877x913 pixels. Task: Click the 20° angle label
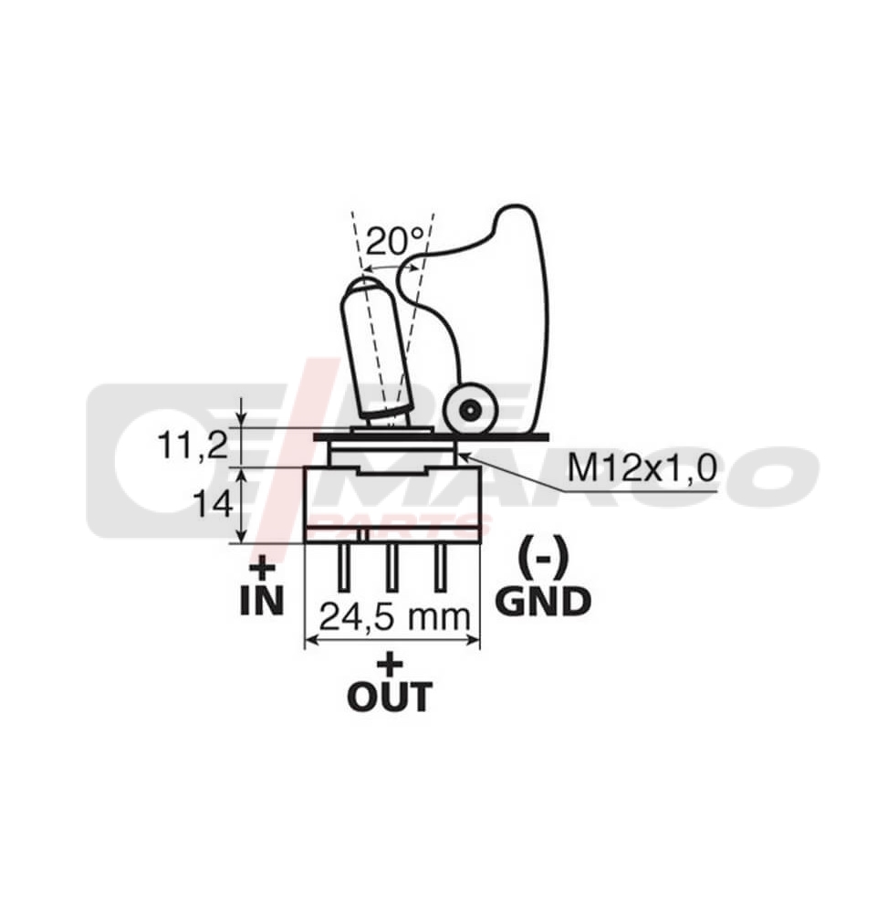tap(395, 242)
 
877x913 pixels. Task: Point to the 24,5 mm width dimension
tap(392, 618)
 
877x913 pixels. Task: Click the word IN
tap(261, 601)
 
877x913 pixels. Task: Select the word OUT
tap(390, 698)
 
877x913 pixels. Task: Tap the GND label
tap(543, 601)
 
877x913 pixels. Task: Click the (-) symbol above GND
tap(543, 555)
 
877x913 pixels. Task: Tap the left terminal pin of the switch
tap(346, 567)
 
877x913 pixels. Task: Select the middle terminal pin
tap(391, 567)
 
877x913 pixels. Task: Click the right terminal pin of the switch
tap(440, 567)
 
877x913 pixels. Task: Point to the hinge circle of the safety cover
tap(469, 412)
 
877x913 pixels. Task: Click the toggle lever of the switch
tap(372, 356)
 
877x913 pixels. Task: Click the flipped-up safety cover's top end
tap(516, 224)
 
